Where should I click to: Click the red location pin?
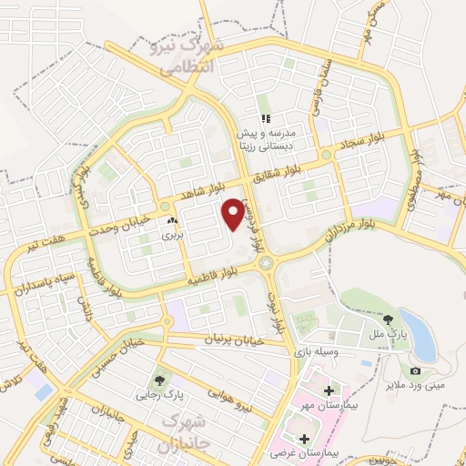point(234,213)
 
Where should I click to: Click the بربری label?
point(172,234)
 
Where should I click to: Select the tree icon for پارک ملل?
point(389,319)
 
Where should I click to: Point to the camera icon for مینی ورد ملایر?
point(415,370)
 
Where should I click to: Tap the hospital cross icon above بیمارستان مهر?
point(328,390)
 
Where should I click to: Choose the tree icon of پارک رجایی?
point(160,380)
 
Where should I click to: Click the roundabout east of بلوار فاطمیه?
point(266,263)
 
